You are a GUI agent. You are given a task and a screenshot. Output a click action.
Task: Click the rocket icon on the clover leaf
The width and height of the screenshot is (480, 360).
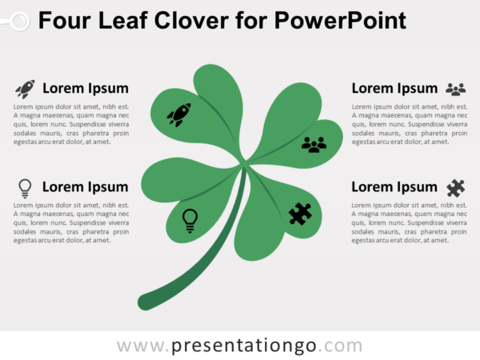[x=178, y=115]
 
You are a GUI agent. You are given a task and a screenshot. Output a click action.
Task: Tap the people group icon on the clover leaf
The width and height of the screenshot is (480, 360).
[x=314, y=144]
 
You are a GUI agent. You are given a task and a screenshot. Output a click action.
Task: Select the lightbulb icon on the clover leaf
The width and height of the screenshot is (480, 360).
[x=190, y=219]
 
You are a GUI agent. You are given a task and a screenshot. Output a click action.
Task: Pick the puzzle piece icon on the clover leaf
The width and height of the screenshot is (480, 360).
[x=300, y=214]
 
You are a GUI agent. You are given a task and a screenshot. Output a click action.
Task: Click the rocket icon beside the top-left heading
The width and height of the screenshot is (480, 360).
[x=25, y=89]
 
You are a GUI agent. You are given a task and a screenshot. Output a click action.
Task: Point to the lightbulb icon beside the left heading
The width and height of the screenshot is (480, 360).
[x=25, y=188]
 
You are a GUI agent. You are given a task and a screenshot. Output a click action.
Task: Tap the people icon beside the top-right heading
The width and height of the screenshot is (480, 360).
[x=455, y=89]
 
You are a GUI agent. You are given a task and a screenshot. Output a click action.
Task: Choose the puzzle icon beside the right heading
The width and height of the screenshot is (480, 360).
[x=455, y=188]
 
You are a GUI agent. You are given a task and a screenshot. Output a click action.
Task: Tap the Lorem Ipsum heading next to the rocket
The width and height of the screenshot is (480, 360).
[x=85, y=88]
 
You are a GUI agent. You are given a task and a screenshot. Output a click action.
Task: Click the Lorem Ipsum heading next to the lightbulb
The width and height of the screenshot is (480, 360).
[x=85, y=187]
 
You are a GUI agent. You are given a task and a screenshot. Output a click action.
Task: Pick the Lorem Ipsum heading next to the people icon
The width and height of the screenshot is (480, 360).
[x=394, y=88]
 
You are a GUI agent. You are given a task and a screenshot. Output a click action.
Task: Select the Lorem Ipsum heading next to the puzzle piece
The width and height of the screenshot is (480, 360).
[x=394, y=187]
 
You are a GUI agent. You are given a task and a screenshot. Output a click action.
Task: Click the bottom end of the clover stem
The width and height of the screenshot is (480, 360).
[x=146, y=302]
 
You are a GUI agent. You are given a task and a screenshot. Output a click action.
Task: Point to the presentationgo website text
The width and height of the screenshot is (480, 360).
[x=239, y=346]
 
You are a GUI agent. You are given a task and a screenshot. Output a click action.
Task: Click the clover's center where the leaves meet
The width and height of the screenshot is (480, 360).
[x=242, y=166]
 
